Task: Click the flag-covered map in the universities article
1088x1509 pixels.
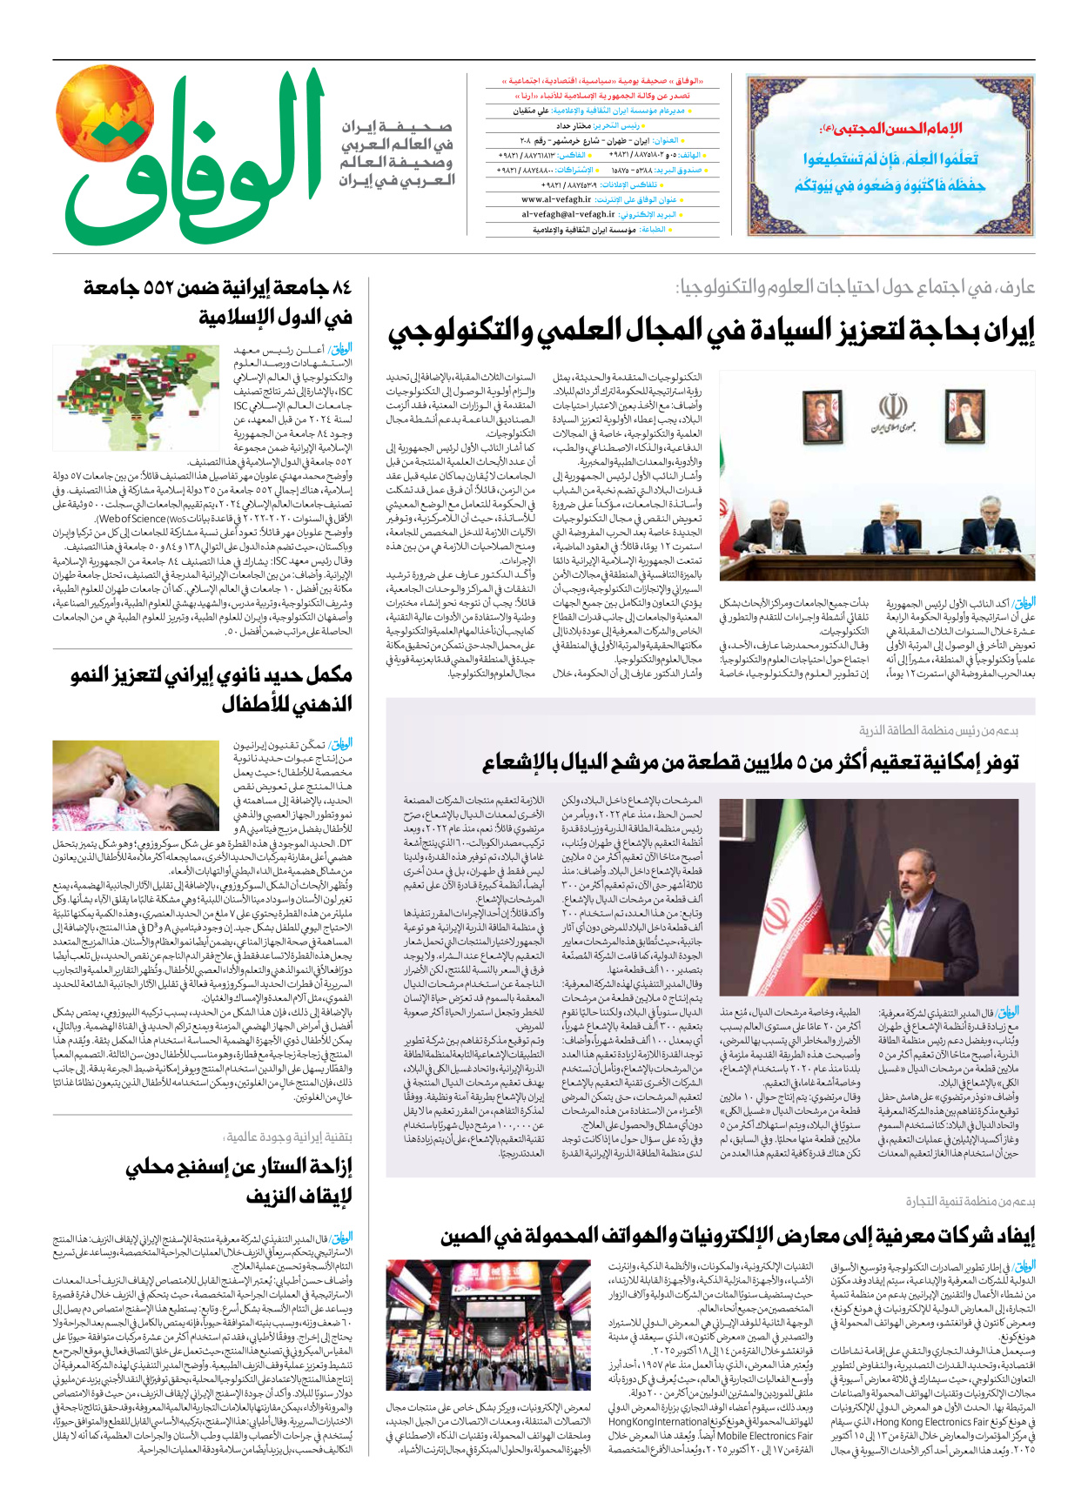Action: click(136, 398)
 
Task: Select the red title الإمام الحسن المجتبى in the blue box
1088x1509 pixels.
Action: click(890, 130)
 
